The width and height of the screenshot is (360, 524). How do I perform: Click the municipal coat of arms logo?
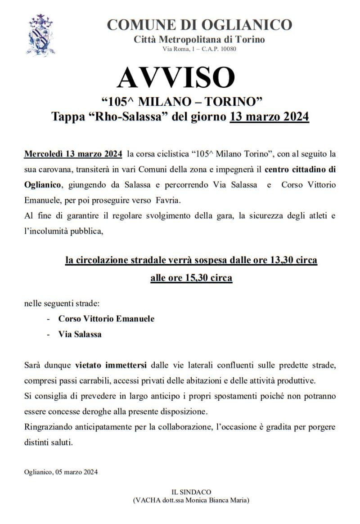coord(40,34)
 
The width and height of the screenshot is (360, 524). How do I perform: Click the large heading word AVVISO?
coord(176,77)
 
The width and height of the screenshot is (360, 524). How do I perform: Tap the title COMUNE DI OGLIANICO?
coord(199,24)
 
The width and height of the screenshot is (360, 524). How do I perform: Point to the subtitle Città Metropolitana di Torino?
coord(199,39)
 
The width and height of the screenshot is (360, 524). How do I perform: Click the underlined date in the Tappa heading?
coord(269,116)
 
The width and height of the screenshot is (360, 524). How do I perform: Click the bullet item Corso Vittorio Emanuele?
coord(106,318)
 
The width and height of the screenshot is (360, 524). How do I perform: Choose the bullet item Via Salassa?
coord(80,334)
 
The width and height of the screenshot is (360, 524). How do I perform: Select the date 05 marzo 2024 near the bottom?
coord(76,472)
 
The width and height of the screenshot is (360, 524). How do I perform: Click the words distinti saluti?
coord(48,442)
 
